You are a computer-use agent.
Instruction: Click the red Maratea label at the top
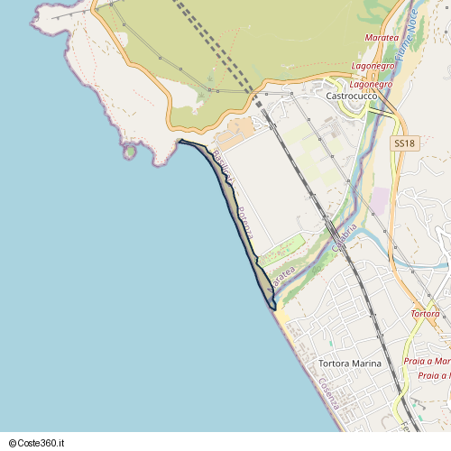382,38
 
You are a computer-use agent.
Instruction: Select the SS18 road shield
404,143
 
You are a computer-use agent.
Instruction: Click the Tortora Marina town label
350,364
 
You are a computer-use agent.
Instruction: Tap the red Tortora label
425,313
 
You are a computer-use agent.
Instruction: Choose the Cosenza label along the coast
327,393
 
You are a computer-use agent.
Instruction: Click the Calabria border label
345,235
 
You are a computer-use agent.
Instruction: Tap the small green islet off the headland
130,152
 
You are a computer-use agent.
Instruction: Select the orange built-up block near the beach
236,135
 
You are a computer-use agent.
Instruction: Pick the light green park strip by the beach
281,248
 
